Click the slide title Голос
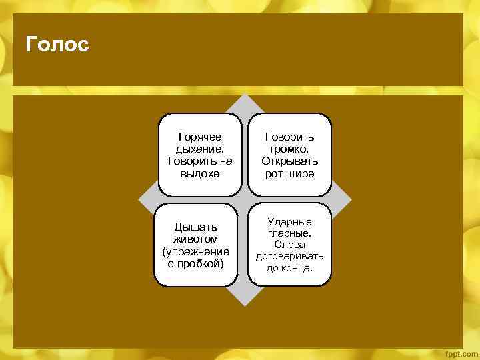pyautogui.click(x=57, y=45)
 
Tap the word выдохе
pyautogui.click(x=200, y=173)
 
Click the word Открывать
pyautogui.click(x=289, y=161)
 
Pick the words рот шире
pyautogui.click(x=289, y=173)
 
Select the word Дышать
pyautogui.click(x=195, y=227)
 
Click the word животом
pyautogui.click(x=195, y=239)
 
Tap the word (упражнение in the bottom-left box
pyautogui.click(x=195, y=251)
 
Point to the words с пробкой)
pyautogui.click(x=195, y=263)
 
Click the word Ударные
pyautogui.click(x=289, y=221)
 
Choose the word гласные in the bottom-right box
pyautogui.click(x=289, y=233)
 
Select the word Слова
pyautogui.click(x=289, y=245)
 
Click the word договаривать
pyautogui.click(x=289, y=256)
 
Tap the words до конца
pyautogui.click(x=289, y=268)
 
